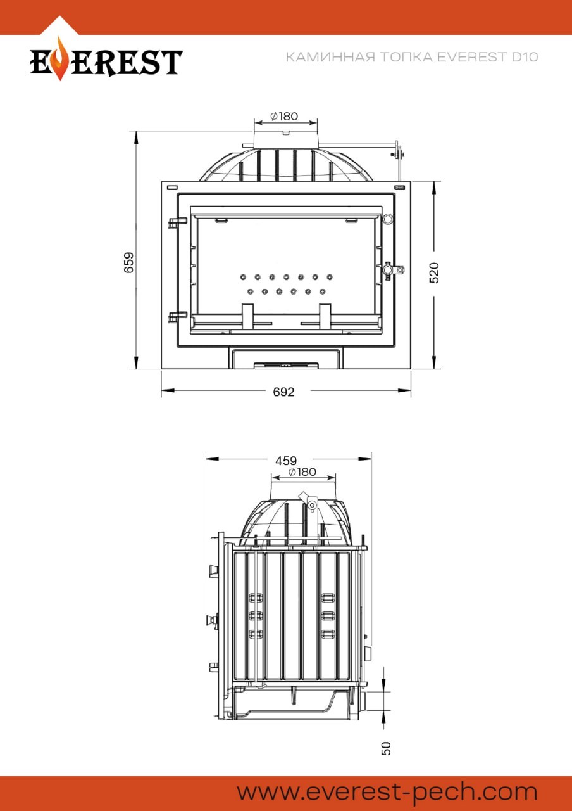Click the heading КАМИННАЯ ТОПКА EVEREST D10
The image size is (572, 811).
(412, 57)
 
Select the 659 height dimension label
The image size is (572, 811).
(128, 262)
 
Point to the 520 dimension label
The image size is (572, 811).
(434, 272)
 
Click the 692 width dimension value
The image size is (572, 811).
(284, 392)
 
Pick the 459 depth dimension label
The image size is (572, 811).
(286, 461)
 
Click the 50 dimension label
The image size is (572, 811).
(386, 748)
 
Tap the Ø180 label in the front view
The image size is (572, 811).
(284, 116)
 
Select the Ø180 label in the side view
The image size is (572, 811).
(302, 472)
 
